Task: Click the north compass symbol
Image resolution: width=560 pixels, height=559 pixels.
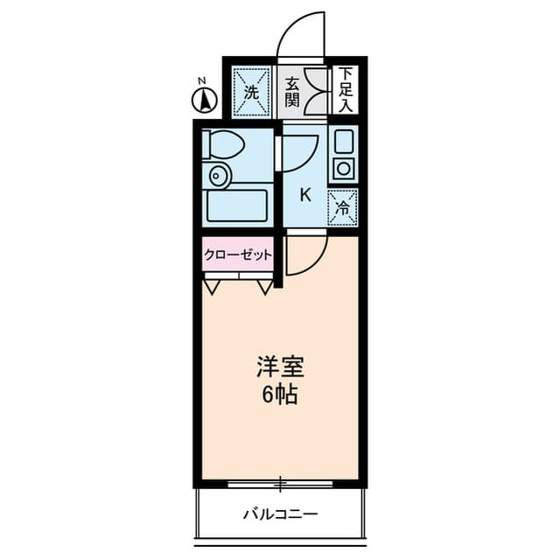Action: tap(204, 100)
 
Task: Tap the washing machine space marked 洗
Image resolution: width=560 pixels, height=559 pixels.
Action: tap(252, 90)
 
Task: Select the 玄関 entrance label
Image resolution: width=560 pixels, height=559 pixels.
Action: tap(292, 90)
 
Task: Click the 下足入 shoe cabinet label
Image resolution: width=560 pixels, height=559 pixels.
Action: tap(346, 89)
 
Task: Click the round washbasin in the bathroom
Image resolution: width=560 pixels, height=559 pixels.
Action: tap(217, 177)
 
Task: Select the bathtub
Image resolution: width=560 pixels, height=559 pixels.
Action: tap(235, 207)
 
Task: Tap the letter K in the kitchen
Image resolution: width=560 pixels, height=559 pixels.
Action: tap(305, 194)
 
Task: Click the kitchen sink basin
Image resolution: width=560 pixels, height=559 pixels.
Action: tap(343, 141)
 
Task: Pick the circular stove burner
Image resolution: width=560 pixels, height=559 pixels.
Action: tap(343, 168)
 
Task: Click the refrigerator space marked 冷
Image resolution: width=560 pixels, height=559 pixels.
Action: tap(343, 206)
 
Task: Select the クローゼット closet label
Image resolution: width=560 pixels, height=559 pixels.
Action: tap(238, 255)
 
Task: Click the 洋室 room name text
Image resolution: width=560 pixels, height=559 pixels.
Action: tap(280, 366)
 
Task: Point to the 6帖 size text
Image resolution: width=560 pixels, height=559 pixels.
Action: tap(280, 394)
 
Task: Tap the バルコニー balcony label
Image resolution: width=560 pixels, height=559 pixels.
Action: tap(280, 514)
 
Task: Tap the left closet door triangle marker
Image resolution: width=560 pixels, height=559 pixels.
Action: tap(212, 286)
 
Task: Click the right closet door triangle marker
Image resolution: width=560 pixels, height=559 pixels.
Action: tap(265, 286)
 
